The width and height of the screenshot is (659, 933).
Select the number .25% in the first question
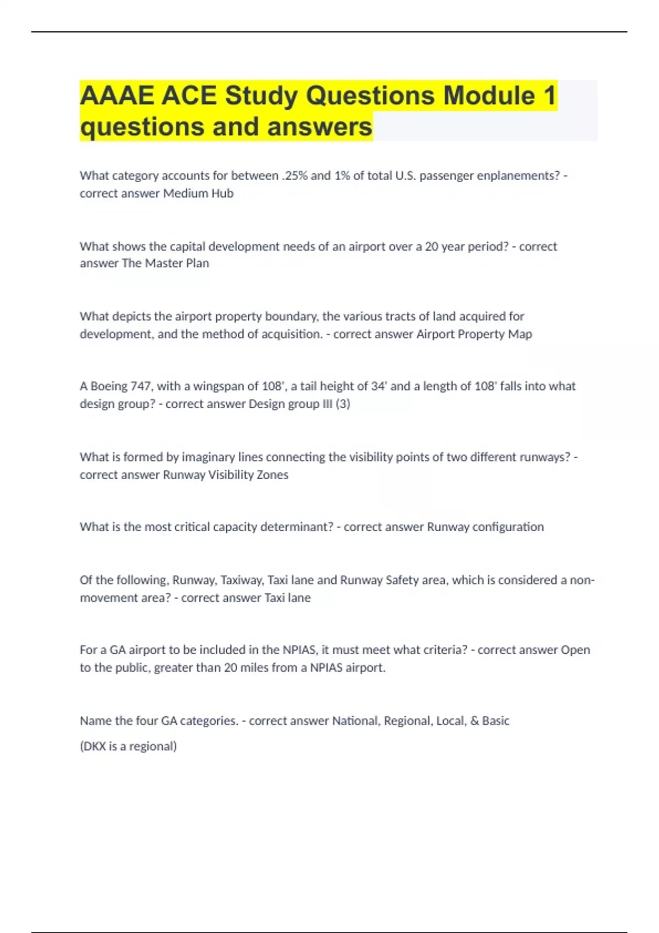tap(295, 176)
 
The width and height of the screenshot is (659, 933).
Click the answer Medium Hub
tap(198, 193)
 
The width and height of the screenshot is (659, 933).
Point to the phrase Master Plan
tap(177, 263)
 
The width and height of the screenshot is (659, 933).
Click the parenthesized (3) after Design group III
tap(343, 404)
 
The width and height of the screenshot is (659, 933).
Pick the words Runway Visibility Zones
tap(226, 475)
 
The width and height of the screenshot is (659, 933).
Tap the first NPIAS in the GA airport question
tap(299, 650)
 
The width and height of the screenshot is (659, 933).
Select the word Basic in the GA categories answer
tap(495, 721)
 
